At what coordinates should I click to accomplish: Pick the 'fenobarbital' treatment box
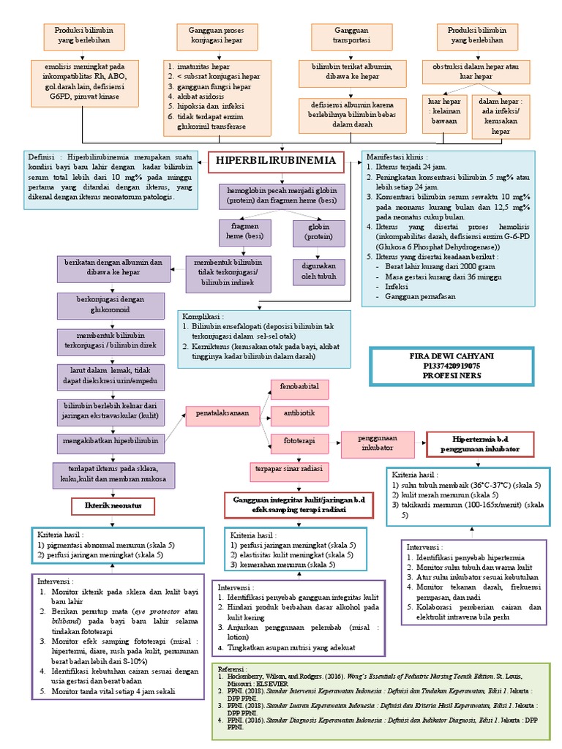coord(299,385)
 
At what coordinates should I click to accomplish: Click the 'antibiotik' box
coord(299,413)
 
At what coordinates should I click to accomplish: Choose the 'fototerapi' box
coord(299,441)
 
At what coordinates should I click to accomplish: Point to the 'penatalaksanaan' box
coord(222,414)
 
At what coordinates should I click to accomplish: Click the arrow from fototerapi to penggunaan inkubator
coord(331,442)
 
